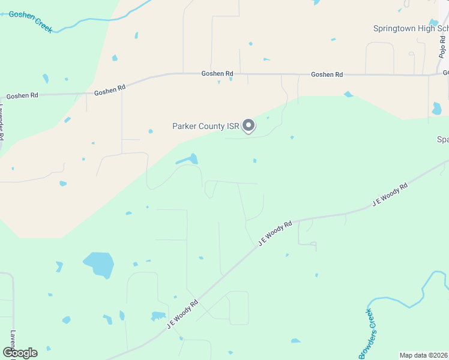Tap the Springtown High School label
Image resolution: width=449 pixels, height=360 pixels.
[x=411, y=28]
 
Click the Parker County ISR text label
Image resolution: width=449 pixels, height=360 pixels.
[x=205, y=126]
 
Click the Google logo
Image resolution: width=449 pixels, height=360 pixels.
[x=20, y=353]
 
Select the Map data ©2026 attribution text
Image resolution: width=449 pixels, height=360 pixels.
[x=424, y=355]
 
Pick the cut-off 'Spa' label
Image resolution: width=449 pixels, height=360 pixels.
[x=442, y=139]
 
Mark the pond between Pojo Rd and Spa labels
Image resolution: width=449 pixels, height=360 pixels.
[x=436, y=109]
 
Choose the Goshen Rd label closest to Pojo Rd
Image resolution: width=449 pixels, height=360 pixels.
[x=327, y=74]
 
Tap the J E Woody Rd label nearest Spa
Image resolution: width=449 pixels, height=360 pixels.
[x=390, y=195]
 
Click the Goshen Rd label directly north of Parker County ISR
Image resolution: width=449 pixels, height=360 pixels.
[x=217, y=73]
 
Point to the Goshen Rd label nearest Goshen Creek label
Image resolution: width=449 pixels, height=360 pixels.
[x=22, y=95]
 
